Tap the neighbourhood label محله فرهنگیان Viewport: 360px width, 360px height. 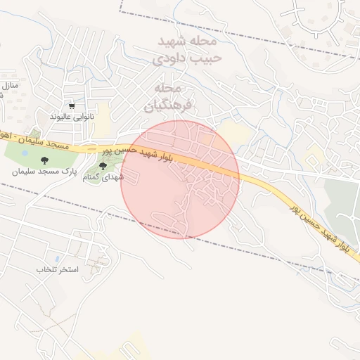167,97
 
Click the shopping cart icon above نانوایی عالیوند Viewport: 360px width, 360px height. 72,105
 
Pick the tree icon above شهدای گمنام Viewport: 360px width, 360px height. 103,167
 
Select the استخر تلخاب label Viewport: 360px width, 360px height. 58,270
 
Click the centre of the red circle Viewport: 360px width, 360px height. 180,179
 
